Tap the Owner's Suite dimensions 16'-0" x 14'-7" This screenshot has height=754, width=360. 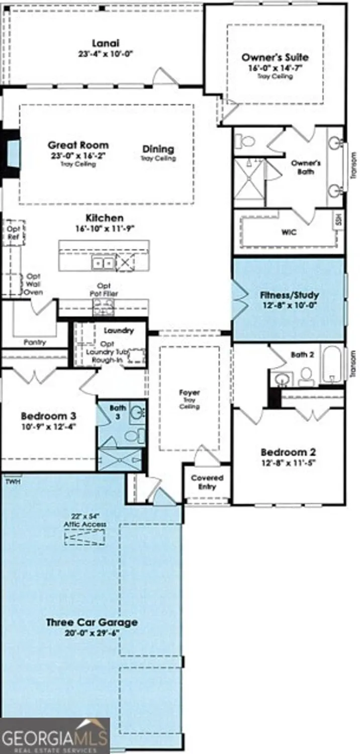[275, 68]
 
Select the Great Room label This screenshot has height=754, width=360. [78, 145]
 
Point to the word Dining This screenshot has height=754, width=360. [158, 149]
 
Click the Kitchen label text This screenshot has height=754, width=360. [104, 218]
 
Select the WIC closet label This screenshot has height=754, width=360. [289, 232]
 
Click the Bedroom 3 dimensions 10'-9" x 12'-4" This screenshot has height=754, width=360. [48, 426]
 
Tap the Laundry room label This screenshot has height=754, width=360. [119, 331]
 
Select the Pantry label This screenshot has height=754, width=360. [35, 342]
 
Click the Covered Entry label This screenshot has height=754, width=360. [207, 482]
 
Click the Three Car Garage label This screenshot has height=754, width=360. [92, 622]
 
